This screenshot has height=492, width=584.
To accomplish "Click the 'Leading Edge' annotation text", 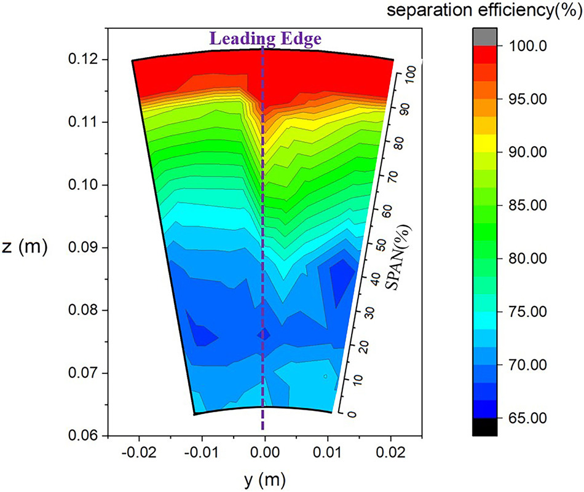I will (266, 39).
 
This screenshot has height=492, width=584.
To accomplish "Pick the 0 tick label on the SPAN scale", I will (352, 414).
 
